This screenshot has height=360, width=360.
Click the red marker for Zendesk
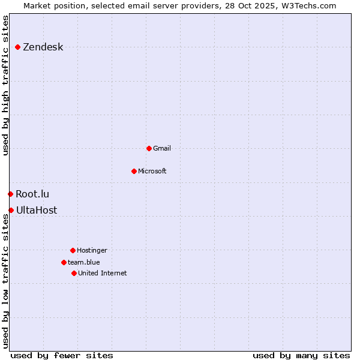pyautogui.click(x=18, y=47)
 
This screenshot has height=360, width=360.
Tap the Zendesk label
pyautogui.click(x=43, y=47)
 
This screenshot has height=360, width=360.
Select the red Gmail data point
pyautogui.click(x=149, y=148)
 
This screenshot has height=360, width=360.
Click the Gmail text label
pyautogui.click(x=162, y=148)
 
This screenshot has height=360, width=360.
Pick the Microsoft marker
pyautogui.click(x=134, y=171)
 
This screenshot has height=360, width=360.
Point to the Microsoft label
pyautogui.click(x=152, y=171)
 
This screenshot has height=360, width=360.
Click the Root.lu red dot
pyautogui.click(x=10, y=194)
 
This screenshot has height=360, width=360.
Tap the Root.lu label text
pyautogui.click(x=32, y=194)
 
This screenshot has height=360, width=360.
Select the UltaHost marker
pyautogui.click(x=11, y=210)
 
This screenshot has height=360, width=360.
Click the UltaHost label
pyautogui.click(x=37, y=210)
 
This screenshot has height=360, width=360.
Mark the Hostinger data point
pyautogui.click(x=73, y=250)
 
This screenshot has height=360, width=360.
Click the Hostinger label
pyautogui.click(x=92, y=250)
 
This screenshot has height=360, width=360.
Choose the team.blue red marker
pyautogui.click(x=64, y=262)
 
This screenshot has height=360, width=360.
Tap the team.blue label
pyautogui.click(x=83, y=262)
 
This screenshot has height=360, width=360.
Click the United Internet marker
pyautogui.click(x=74, y=273)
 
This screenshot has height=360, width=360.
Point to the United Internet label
pyautogui.click(x=102, y=273)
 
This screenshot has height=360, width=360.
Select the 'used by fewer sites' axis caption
pyautogui.click(x=62, y=355)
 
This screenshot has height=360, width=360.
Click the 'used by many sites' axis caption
pyautogui.click(x=301, y=355)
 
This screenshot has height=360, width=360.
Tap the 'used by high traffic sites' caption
pyautogui.click(x=5, y=85)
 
